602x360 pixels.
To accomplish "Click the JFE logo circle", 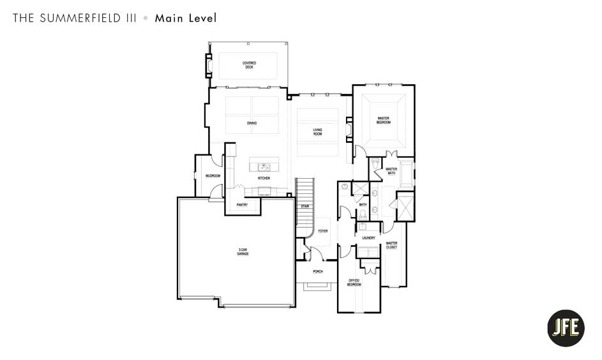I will tap(566, 328).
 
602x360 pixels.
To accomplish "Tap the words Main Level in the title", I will tap(186, 18).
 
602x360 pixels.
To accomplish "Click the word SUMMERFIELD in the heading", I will tap(80, 18).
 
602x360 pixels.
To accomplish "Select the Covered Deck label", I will tap(249, 65).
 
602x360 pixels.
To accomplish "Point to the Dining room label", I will tap(252, 123).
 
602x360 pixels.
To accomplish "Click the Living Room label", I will tap(317, 132).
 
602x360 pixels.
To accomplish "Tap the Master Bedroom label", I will tap(383, 120).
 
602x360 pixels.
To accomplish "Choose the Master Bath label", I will tap(391, 171).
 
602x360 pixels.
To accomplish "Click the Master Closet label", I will tap(391, 245).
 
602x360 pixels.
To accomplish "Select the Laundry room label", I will tap(368, 238).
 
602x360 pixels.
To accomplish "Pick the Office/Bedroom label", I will tap(354, 282).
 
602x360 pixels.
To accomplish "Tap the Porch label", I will tap(318, 271).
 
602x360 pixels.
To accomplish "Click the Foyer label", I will tap(323, 231).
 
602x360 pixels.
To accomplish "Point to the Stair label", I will tap(305, 206).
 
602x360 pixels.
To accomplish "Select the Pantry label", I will tap(242, 205).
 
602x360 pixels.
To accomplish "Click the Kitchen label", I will tap(264, 178).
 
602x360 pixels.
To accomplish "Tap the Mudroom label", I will tap(213, 176).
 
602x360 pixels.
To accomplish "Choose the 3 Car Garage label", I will tap(243, 252).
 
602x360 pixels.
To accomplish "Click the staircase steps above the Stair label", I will tap(305, 190).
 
